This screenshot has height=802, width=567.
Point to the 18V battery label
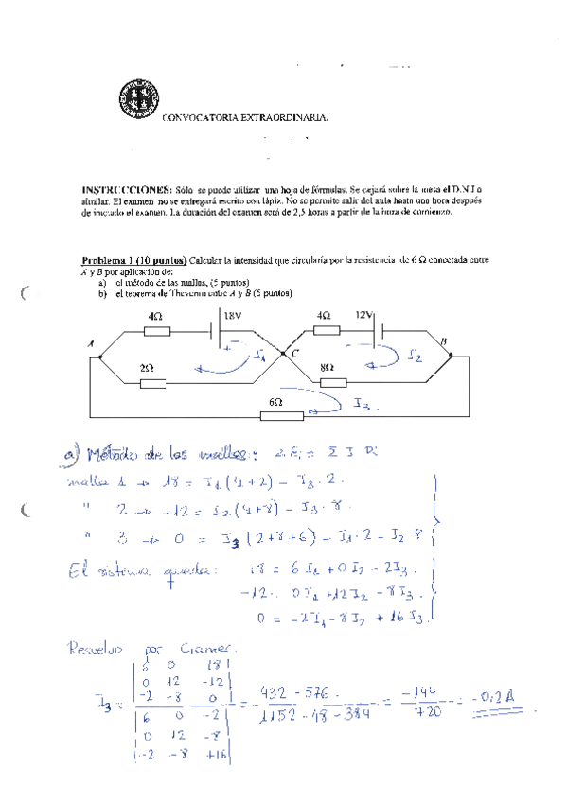click(x=235, y=315)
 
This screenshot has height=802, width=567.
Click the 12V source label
click(x=365, y=315)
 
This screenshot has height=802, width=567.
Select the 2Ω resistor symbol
click(x=154, y=383)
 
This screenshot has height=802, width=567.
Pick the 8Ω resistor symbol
click(x=333, y=382)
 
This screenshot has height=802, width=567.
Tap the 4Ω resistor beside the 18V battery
click(x=156, y=332)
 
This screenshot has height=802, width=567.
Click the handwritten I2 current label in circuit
click(x=415, y=357)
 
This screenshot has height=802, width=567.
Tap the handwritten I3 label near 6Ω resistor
click(x=363, y=404)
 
